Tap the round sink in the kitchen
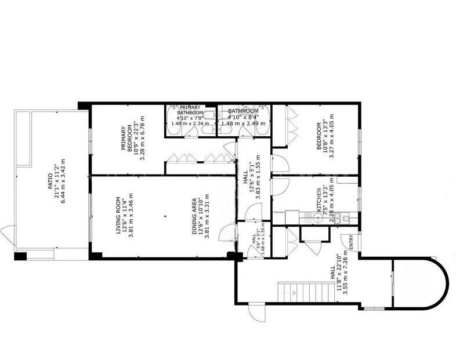pos(317,218)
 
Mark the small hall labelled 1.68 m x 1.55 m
pos(255,239)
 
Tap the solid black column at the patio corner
pos(20,256)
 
